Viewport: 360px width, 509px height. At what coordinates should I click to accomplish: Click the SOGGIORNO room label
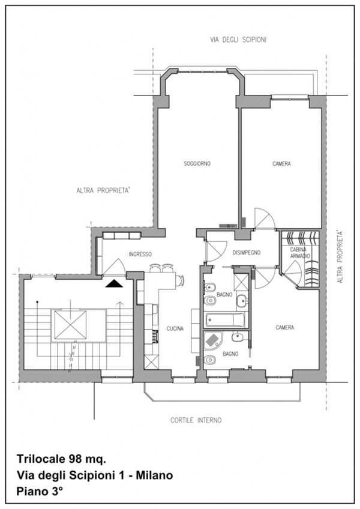tap(197, 164)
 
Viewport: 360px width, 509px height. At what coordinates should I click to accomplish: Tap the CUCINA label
tap(175, 328)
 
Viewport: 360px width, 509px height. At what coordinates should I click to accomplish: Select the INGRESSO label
tap(140, 254)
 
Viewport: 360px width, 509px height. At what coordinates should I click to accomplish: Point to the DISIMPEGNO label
tap(247, 253)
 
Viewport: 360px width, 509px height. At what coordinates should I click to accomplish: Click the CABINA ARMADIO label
tap(298, 253)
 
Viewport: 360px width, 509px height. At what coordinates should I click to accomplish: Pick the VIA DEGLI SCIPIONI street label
tap(239, 40)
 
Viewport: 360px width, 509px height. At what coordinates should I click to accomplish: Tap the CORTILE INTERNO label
tap(196, 420)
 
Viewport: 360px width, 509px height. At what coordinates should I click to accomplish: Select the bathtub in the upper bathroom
tap(224, 320)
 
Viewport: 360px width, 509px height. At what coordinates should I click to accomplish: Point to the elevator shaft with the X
tap(70, 325)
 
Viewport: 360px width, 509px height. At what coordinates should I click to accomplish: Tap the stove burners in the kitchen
tap(155, 337)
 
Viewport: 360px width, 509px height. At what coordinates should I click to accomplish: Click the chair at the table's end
tap(180, 280)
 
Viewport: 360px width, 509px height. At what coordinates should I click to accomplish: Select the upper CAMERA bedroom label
tap(281, 164)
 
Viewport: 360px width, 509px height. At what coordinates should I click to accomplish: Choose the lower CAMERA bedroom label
tap(284, 328)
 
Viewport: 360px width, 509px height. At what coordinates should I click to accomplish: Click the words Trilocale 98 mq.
tap(61, 459)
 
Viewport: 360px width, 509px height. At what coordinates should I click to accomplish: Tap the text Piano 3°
tap(39, 492)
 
